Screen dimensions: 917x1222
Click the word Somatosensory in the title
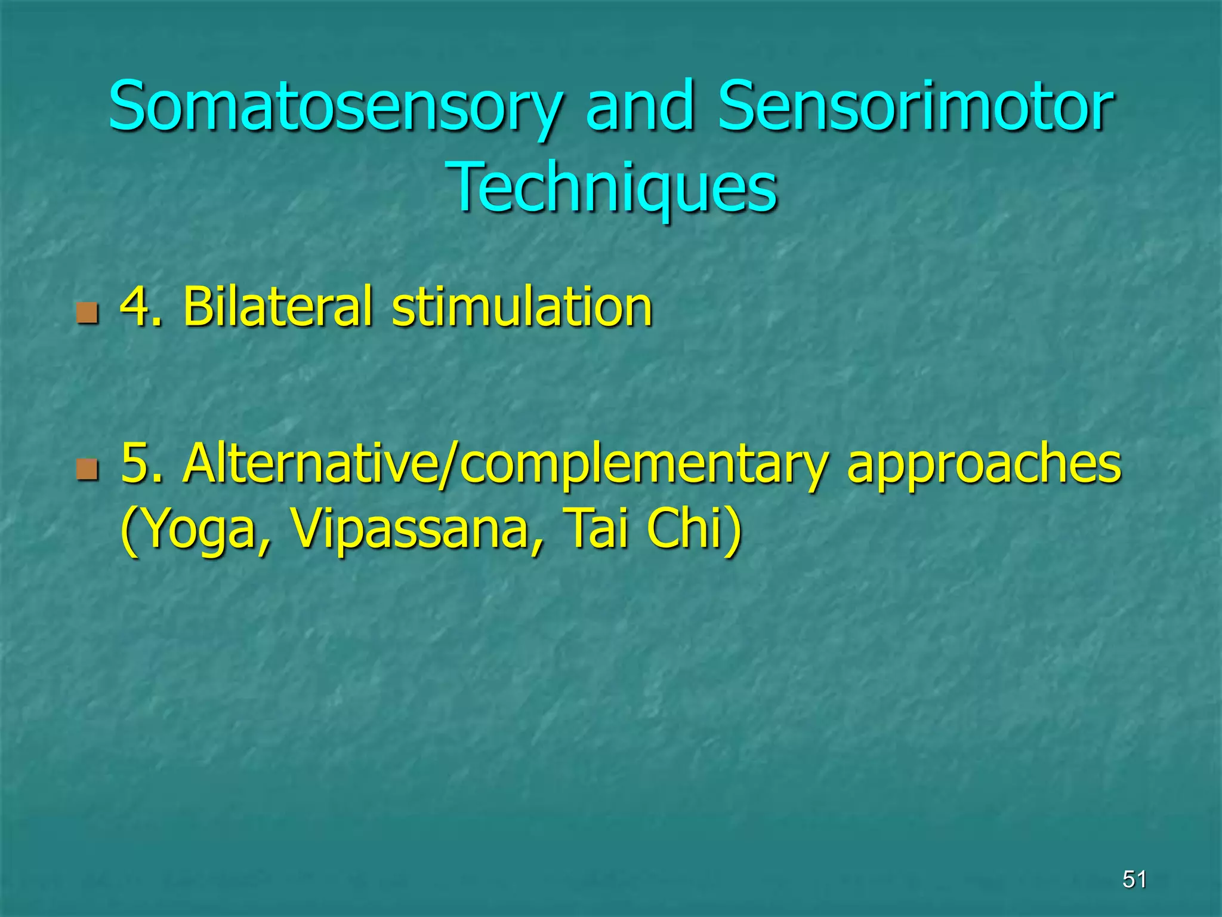(334, 107)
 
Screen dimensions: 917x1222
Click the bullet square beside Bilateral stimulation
(87, 312)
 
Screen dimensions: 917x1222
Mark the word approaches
(985, 466)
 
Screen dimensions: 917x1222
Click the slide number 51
(1134, 879)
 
